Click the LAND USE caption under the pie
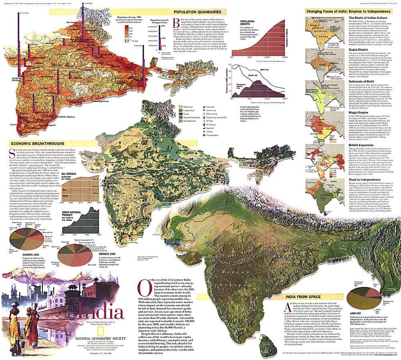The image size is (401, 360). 356,313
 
